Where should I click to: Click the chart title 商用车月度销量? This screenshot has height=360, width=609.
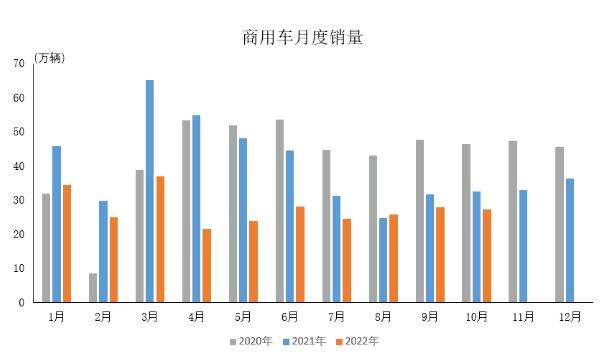[x=303, y=39]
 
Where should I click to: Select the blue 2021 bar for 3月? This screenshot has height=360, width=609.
[x=150, y=191]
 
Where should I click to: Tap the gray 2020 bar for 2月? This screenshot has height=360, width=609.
[x=93, y=287]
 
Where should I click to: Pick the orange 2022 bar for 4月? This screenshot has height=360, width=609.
[x=206, y=265]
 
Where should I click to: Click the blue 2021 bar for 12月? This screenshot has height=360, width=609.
[x=569, y=240]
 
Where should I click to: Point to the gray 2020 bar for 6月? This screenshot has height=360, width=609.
[x=280, y=211]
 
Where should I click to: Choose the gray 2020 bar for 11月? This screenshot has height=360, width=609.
[x=513, y=221]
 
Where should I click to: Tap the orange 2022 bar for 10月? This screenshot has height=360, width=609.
[x=486, y=255]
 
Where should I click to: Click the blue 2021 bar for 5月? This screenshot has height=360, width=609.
[x=243, y=220]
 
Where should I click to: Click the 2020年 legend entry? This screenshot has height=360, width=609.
[x=251, y=342]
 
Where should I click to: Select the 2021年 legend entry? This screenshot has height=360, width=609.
[x=304, y=342]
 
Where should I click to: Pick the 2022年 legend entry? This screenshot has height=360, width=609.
[x=357, y=342]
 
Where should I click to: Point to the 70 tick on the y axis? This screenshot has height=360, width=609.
[x=20, y=64]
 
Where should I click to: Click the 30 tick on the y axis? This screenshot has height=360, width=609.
[x=20, y=200]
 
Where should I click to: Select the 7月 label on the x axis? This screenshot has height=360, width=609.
[x=336, y=317]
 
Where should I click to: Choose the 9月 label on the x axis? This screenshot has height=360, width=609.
[x=430, y=317]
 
